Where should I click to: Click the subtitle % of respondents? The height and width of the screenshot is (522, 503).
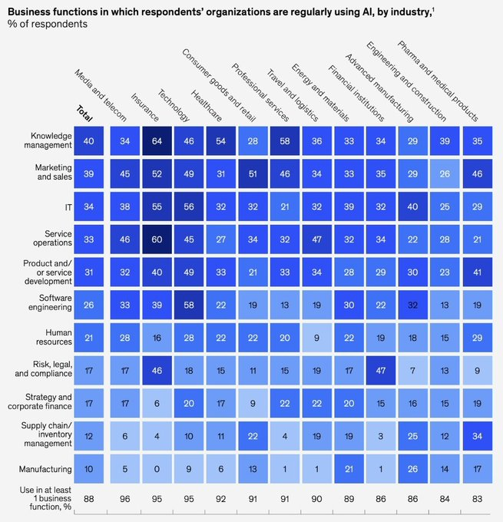click(x=48, y=24)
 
